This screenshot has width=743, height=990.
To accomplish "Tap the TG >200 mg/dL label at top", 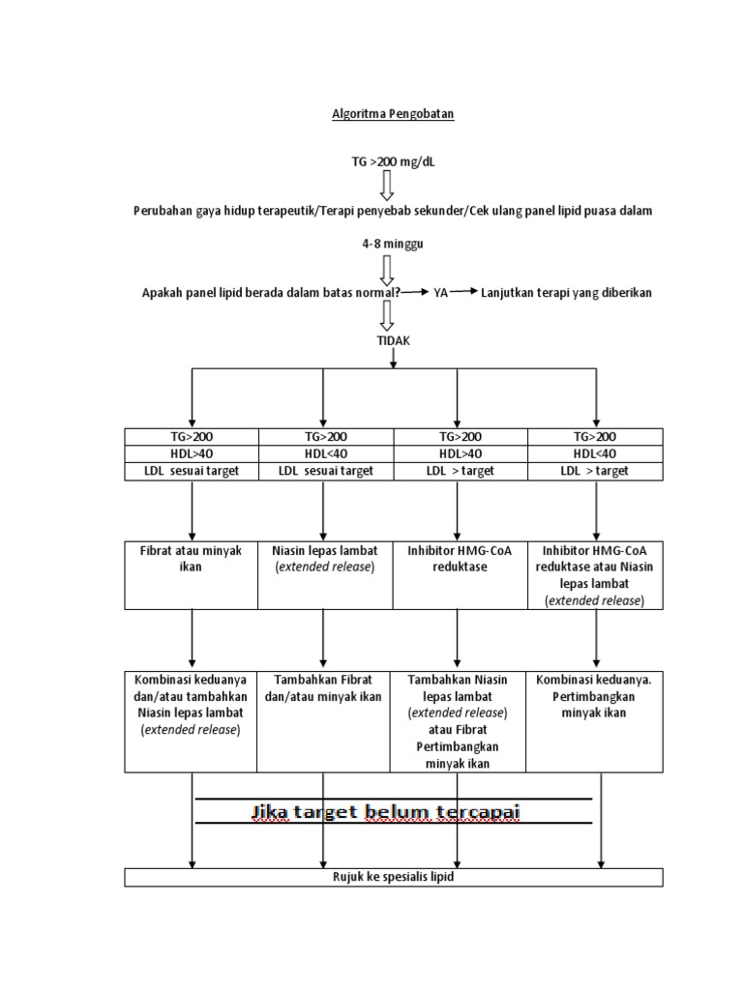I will pos(393,162).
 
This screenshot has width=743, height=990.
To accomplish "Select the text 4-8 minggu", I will pos(393,246).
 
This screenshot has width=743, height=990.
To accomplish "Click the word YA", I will pos(440,293).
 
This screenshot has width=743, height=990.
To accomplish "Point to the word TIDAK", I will pos(393,341).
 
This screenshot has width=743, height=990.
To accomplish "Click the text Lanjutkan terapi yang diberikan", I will pos(566,293).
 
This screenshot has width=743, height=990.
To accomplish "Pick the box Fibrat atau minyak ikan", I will pos(192,574).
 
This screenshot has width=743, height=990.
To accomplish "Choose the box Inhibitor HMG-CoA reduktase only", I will pos(461,574).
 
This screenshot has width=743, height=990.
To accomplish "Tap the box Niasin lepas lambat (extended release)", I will pos(325,574).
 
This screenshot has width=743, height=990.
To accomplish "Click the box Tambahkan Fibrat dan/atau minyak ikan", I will pos(325,719).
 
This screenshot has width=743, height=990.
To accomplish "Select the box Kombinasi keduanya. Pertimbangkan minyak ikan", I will pos(595,719).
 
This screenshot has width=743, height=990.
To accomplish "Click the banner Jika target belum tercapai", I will pos(387,812).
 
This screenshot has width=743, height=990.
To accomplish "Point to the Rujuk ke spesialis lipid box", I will pos(393,878).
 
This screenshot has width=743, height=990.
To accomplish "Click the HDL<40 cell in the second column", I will pos(325,453).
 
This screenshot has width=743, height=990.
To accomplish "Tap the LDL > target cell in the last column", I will pos(595,471).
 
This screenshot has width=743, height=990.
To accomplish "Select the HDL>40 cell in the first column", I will pos(192,453).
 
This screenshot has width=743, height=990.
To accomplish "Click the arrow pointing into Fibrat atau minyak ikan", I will pos(193,512).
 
